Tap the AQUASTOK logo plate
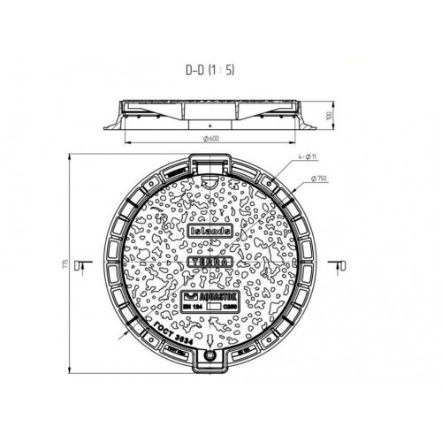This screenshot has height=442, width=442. [211, 296]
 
